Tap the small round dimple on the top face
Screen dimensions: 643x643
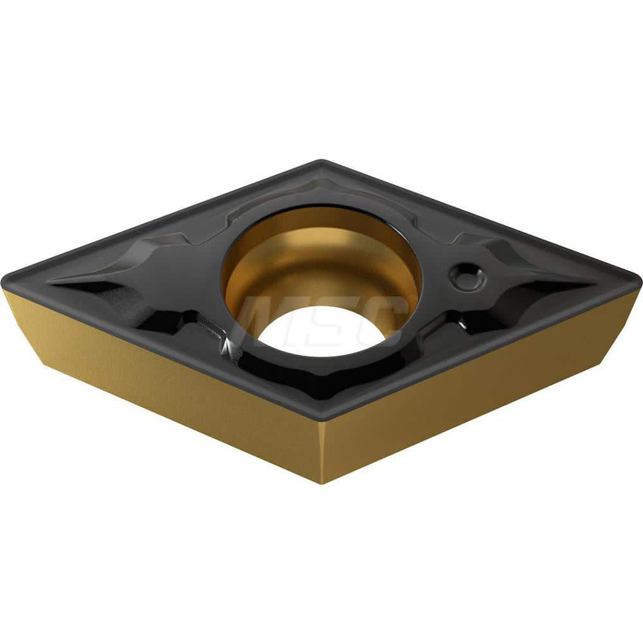point(467,276)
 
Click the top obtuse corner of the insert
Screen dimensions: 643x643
point(321,163)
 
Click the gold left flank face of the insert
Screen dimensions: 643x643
point(161,379)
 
